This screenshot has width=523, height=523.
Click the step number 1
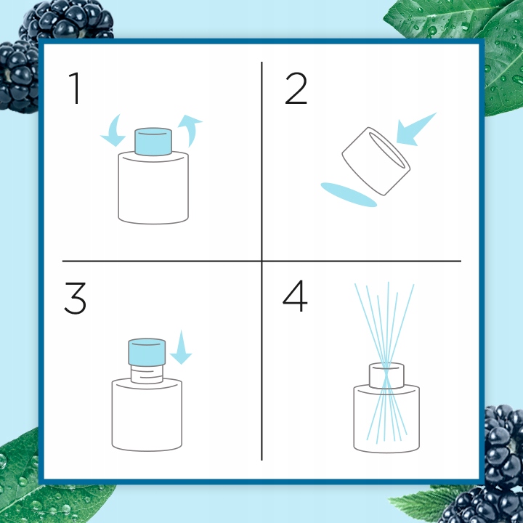click(76, 89)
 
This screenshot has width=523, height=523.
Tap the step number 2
click(296, 89)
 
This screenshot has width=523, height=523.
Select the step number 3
click(75, 299)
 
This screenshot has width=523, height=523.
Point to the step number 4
click(295, 296)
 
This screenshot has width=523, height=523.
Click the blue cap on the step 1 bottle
click(153, 142)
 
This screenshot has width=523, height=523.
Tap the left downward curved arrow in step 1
click(113, 131)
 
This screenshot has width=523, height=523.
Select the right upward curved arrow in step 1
click(190, 130)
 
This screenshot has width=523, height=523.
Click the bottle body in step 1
click(153, 187)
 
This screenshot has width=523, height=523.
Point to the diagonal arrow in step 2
click(416, 129)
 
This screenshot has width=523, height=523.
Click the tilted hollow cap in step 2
click(376, 161)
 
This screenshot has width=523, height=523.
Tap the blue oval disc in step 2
click(349, 195)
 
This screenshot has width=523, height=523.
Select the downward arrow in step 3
click(181, 347)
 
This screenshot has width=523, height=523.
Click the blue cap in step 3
click(147, 352)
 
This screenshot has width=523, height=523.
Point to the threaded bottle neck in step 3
click(147, 373)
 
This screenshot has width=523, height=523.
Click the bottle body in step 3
click(147, 415)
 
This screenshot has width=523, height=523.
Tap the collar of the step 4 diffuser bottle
click(386, 376)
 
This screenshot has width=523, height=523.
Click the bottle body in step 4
click(386, 418)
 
